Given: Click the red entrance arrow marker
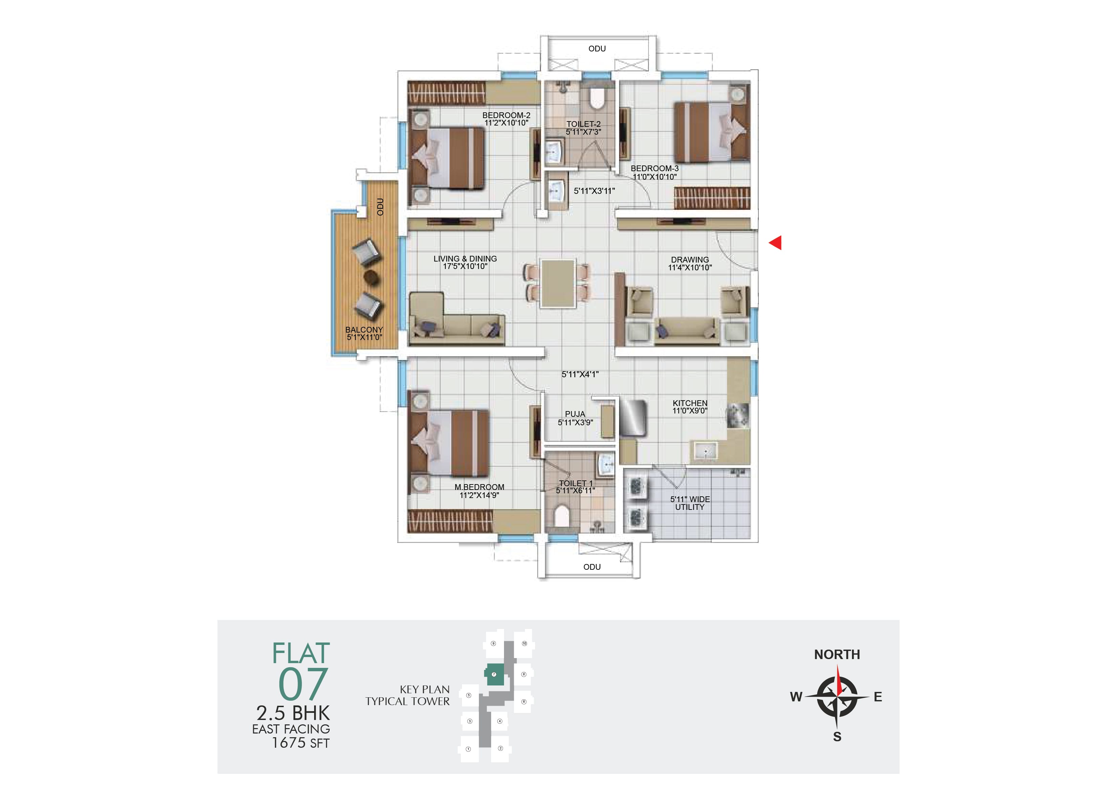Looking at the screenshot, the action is (x=776, y=242).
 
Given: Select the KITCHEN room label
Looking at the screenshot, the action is (x=690, y=403).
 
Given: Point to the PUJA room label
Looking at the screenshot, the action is (x=575, y=414).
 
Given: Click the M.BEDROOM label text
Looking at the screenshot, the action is (x=479, y=487).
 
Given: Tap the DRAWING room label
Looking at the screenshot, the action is (x=690, y=260).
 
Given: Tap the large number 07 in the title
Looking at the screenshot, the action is (x=303, y=684).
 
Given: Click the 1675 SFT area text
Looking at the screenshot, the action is (x=301, y=743).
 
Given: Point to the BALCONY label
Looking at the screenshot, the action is (x=364, y=330).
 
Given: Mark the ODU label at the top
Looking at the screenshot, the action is (x=597, y=49).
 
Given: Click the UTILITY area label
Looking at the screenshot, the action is (x=689, y=507).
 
